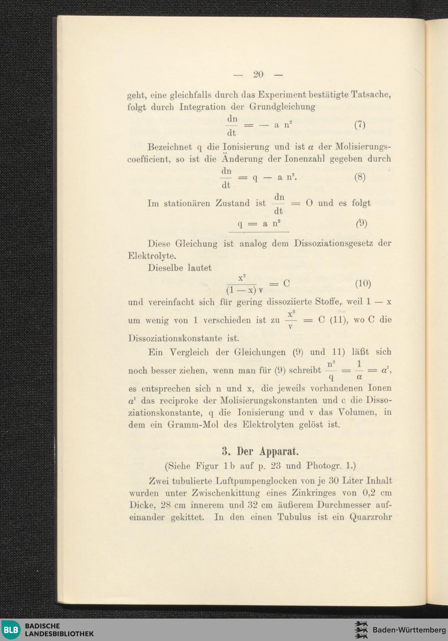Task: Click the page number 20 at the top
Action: point(258,74)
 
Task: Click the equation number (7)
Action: point(360,125)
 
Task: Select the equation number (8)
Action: point(360,177)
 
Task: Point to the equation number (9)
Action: point(362,223)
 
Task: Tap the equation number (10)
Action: point(363,284)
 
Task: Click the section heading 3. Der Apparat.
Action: point(260,450)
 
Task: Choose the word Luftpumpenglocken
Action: point(257,481)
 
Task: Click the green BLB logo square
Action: point(11,630)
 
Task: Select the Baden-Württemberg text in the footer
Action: point(409,630)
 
